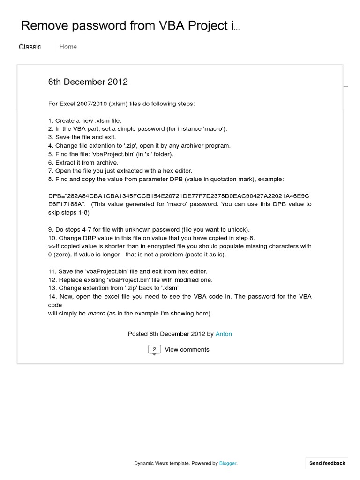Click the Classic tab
(30, 46)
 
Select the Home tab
(68, 46)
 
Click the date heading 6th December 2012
(88, 82)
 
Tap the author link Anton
(224, 334)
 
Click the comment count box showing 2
(154, 350)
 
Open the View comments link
(187, 350)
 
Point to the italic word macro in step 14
(96, 313)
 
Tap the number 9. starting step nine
(51, 229)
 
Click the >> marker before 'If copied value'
(52, 246)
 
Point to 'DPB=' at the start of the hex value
(56, 196)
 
